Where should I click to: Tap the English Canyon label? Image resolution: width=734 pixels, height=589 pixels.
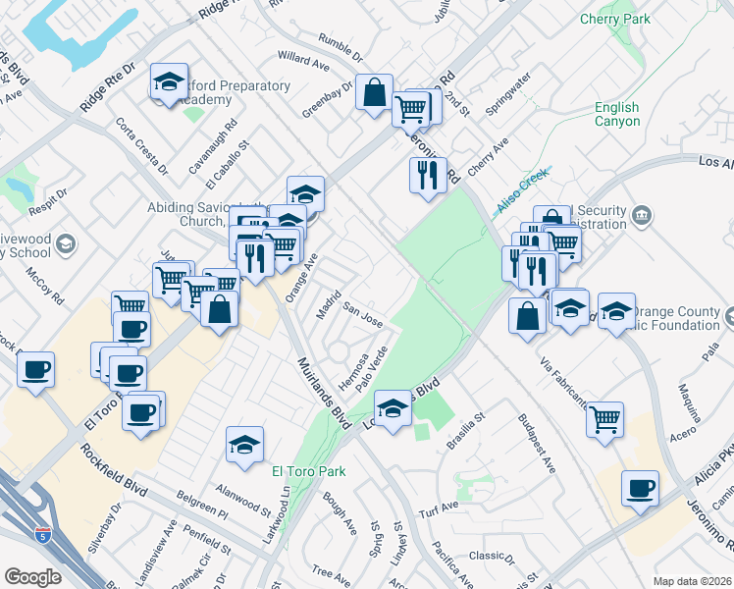click(616, 115)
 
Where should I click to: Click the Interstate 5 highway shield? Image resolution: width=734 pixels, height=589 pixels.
click(41, 536)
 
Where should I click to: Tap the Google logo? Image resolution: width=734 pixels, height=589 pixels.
click(32, 577)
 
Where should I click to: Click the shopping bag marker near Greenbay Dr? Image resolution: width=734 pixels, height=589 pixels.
click(374, 94)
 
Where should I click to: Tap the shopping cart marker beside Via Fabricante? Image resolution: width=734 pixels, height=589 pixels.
click(605, 419)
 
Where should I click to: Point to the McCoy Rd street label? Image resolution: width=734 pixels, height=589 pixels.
click(45, 286)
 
